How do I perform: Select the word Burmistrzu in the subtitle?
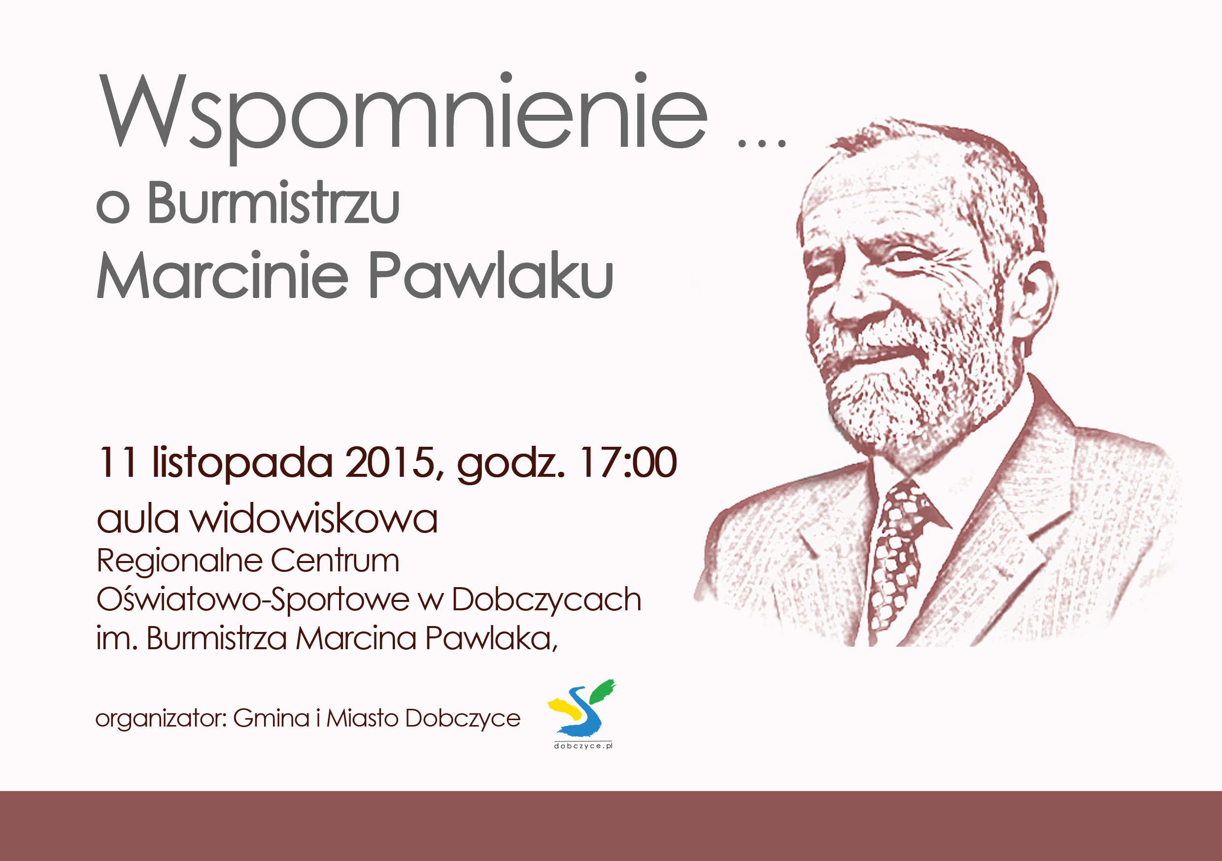[x=273, y=203]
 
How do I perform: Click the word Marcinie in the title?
[x=222, y=274]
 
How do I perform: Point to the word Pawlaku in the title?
[x=491, y=274]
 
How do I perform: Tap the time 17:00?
[x=629, y=462]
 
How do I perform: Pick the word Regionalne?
[x=180, y=562]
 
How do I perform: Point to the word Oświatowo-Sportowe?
[x=253, y=600]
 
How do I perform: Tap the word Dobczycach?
[x=546, y=600]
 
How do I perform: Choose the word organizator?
[x=161, y=719]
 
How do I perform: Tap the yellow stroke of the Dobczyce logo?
[x=565, y=707]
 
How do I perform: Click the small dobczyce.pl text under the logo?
[x=583, y=746]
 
